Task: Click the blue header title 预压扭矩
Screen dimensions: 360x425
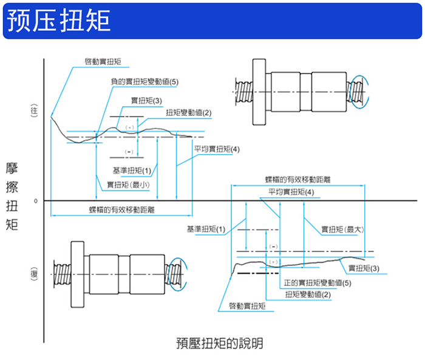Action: click(x=58, y=21)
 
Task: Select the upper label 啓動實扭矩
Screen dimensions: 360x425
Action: click(x=102, y=61)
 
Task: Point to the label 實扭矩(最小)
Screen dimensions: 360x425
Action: click(x=129, y=185)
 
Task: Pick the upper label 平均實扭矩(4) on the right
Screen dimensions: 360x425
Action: click(x=217, y=149)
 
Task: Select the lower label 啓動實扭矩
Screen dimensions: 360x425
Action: click(x=247, y=306)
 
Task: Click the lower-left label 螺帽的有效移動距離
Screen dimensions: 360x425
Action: click(x=121, y=209)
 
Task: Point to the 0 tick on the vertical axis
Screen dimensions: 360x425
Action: click(x=36, y=200)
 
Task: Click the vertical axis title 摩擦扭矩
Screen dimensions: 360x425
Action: click(x=12, y=195)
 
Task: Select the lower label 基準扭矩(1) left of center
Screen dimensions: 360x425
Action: click(x=206, y=229)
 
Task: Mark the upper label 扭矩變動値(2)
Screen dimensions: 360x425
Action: click(x=188, y=112)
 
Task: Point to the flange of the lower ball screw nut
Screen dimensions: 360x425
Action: click(x=77, y=274)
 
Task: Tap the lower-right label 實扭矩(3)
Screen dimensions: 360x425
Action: click(x=364, y=268)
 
